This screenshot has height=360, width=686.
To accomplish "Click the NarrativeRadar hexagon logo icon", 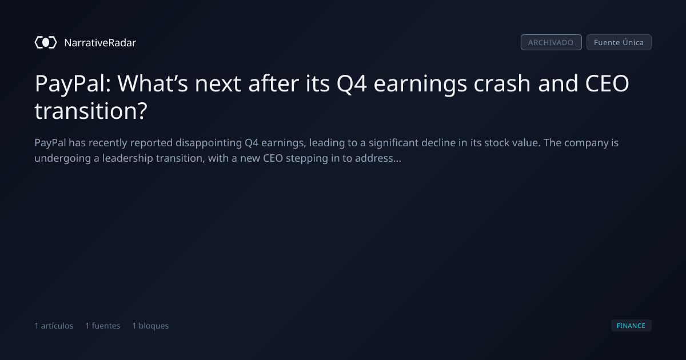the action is tap(46, 42).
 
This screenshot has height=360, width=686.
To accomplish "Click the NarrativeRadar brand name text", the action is tap(100, 43).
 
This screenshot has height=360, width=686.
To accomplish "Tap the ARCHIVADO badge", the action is tap(551, 42).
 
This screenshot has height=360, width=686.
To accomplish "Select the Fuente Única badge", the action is tap(619, 42).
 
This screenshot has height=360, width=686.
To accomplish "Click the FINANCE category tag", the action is tap(631, 325).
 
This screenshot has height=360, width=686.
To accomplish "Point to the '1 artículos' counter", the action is tap(54, 326).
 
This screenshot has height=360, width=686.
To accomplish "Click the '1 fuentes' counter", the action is tap(103, 326).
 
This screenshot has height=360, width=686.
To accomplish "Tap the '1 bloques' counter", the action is tap(150, 326).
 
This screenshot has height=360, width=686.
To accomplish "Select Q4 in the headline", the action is tap(352, 84).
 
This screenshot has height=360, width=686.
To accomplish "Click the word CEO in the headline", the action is tap(607, 83).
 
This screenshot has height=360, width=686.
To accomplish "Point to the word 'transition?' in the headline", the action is tap(91, 111).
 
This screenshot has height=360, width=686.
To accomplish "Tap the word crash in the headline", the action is tap(502, 83).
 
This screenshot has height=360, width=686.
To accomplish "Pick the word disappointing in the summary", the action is tap(209, 143).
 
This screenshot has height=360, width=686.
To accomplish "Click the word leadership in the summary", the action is tap(127, 158).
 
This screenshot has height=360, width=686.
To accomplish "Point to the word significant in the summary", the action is tap(393, 143).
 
